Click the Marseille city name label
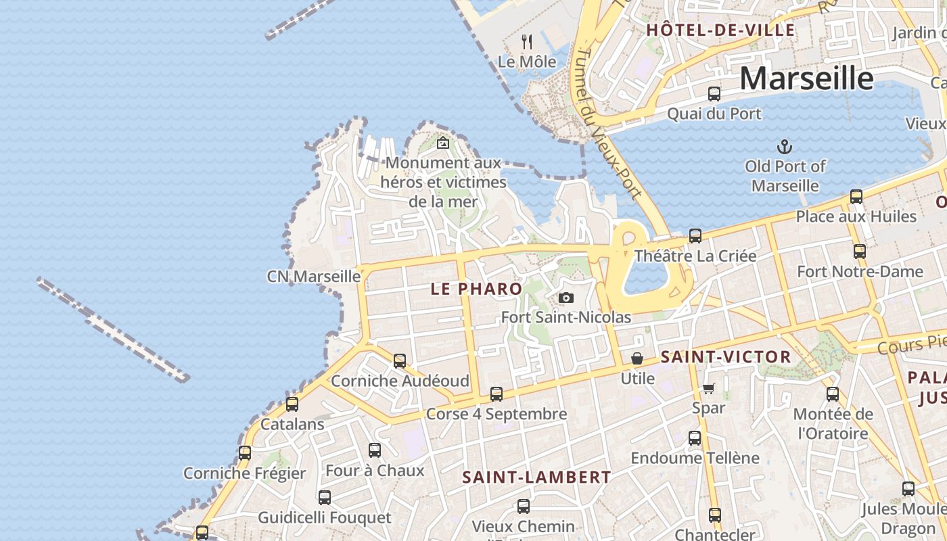(806, 78)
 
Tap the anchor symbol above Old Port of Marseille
(785, 146)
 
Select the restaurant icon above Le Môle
(527, 42)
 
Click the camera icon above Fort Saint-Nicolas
(566, 298)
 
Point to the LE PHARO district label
(476, 289)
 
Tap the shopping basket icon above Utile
(637, 358)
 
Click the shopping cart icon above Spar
(708, 388)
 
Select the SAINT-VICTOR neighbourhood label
(725, 357)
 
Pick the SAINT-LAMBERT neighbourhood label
(536, 477)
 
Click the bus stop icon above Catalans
(292, 404)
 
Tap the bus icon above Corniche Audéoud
(400, 361)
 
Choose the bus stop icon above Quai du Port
(714, 94)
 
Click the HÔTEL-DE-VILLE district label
(720, 30)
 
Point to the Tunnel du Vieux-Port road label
(607, 122)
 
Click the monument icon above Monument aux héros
(443, 143)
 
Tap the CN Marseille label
(313, 276)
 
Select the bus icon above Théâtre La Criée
(695, 236)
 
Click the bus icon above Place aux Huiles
(856, 197)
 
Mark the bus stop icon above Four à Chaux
(375, 450)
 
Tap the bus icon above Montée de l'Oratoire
(833, 394)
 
